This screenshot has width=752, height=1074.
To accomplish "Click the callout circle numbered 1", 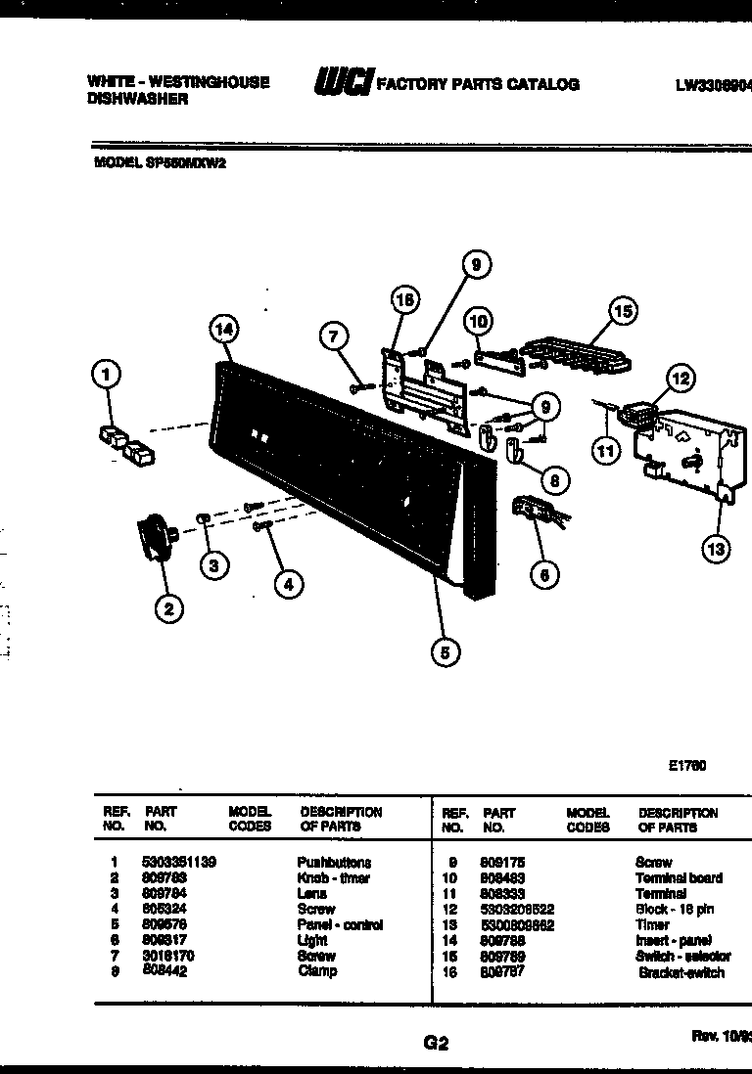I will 107,374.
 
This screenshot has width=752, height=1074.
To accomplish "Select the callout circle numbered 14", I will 223,331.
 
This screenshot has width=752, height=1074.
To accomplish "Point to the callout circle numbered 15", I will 623,311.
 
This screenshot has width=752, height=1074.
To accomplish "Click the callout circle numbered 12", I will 680,378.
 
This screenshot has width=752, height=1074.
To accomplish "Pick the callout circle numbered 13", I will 717,550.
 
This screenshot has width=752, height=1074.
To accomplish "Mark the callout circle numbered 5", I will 446,652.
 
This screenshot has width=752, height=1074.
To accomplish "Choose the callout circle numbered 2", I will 168,608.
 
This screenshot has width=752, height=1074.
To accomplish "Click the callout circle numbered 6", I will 544,574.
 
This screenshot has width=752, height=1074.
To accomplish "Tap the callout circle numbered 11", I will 606,450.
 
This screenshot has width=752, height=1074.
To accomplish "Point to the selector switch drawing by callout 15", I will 574,351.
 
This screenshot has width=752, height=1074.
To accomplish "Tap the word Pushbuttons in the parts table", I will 334,863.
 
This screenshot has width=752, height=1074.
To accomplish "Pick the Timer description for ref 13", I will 652,924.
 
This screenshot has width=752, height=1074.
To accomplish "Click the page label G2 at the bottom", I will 436,1043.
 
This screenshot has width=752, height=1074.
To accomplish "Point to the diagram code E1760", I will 686,766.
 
